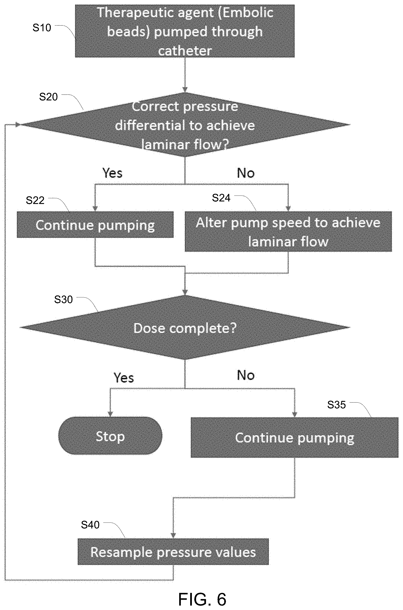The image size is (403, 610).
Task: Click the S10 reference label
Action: (x=42, y=28)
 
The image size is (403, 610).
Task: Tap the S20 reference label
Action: (x=48, y=97)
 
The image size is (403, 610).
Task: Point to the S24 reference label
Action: (x=221, y=198)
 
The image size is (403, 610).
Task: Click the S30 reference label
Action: (x=63, y=299)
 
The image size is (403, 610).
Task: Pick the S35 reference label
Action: (x=336, y=405)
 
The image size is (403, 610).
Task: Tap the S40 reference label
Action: (x=90, y=525)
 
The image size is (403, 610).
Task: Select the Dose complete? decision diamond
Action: (x=185, y=327)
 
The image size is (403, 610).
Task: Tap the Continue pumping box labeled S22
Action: (x=95, y=225)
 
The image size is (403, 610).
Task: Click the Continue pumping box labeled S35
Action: (x=294, y=438)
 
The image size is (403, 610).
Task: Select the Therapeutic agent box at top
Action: (x=185, y=31)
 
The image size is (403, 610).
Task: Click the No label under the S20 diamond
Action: (x=246, y=173)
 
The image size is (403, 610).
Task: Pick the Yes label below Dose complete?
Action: (x=124, y=378)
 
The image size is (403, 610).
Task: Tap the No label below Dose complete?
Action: (x=246, y=375)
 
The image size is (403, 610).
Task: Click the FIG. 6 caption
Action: (x=202, y=599)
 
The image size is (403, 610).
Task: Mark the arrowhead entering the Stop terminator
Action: (x=110, y=414)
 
